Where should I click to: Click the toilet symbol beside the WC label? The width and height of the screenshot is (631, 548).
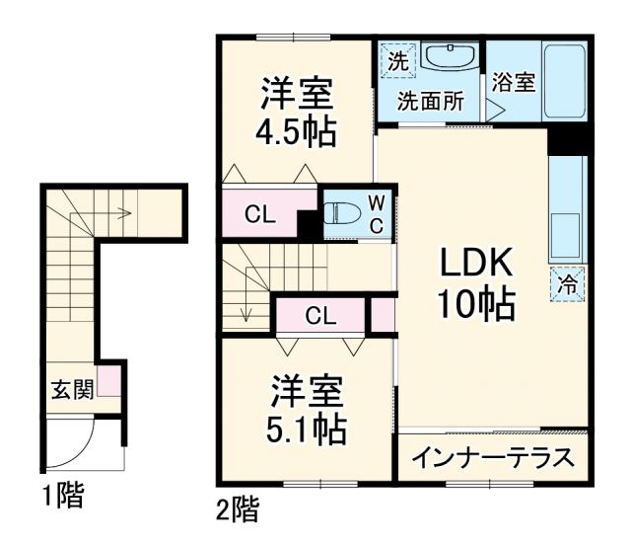[x=342, y=213]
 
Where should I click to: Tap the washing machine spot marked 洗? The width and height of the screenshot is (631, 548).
[x=396, y=60]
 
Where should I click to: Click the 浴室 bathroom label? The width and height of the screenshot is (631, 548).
[x=514, y=82]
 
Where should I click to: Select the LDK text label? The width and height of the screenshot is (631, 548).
[x=476, y=264]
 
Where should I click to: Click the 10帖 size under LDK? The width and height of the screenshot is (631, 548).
[x=476, y=306]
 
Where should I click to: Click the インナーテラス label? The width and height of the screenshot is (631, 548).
[x=491, y=457]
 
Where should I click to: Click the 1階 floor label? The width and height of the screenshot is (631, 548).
[x=62, y=495]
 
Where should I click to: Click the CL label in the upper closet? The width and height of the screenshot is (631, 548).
[x=260, y=214]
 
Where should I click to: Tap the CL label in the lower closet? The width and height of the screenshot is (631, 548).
[x=319, y=316]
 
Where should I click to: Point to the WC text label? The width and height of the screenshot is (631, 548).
[x=378, y=213]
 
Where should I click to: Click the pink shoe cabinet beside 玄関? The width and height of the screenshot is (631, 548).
[x=109, y=380]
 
